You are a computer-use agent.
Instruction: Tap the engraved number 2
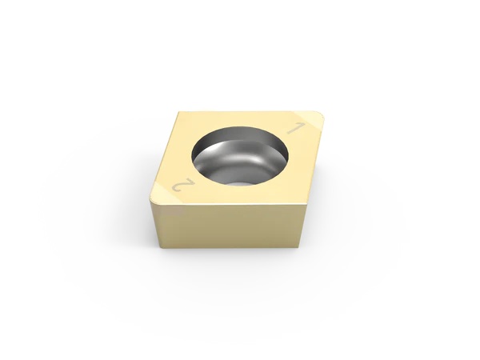pos(182,186)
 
